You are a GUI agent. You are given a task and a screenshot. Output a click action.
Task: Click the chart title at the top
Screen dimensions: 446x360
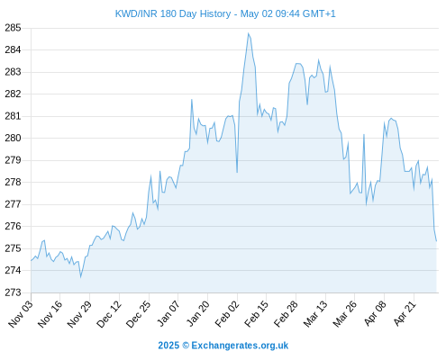click(225, 13)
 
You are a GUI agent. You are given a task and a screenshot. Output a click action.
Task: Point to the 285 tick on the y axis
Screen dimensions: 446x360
click(13, 28)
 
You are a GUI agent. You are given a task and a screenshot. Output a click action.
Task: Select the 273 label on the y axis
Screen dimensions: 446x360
click(13, 292)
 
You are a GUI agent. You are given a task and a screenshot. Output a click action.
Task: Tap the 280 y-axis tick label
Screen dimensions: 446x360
click(13, 139)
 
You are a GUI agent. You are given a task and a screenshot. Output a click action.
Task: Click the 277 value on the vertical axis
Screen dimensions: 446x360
click(13, 204)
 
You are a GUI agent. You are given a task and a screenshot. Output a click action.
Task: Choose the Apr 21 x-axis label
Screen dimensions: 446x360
click(405, 313)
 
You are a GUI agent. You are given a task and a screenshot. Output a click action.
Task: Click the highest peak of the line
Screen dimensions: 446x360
click(249, 33)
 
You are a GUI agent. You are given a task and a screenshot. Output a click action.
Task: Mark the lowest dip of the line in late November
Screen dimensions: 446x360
click(80, 277)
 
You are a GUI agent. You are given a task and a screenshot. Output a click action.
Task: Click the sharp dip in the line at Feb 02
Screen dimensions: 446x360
click(237, 172)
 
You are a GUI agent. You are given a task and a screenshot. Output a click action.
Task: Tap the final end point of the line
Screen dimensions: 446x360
click(436, 241)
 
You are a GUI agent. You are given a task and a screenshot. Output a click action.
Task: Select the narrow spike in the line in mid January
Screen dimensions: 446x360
click(192, 100)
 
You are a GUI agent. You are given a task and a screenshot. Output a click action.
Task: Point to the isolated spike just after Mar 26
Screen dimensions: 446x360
click(364, 134)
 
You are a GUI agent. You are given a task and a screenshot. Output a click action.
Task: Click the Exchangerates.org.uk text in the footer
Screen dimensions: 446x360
click(240, 346)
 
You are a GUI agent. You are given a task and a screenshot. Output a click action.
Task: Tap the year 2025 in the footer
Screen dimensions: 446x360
click(168, 346)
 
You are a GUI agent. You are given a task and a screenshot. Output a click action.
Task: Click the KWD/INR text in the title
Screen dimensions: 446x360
click(136, 13)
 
